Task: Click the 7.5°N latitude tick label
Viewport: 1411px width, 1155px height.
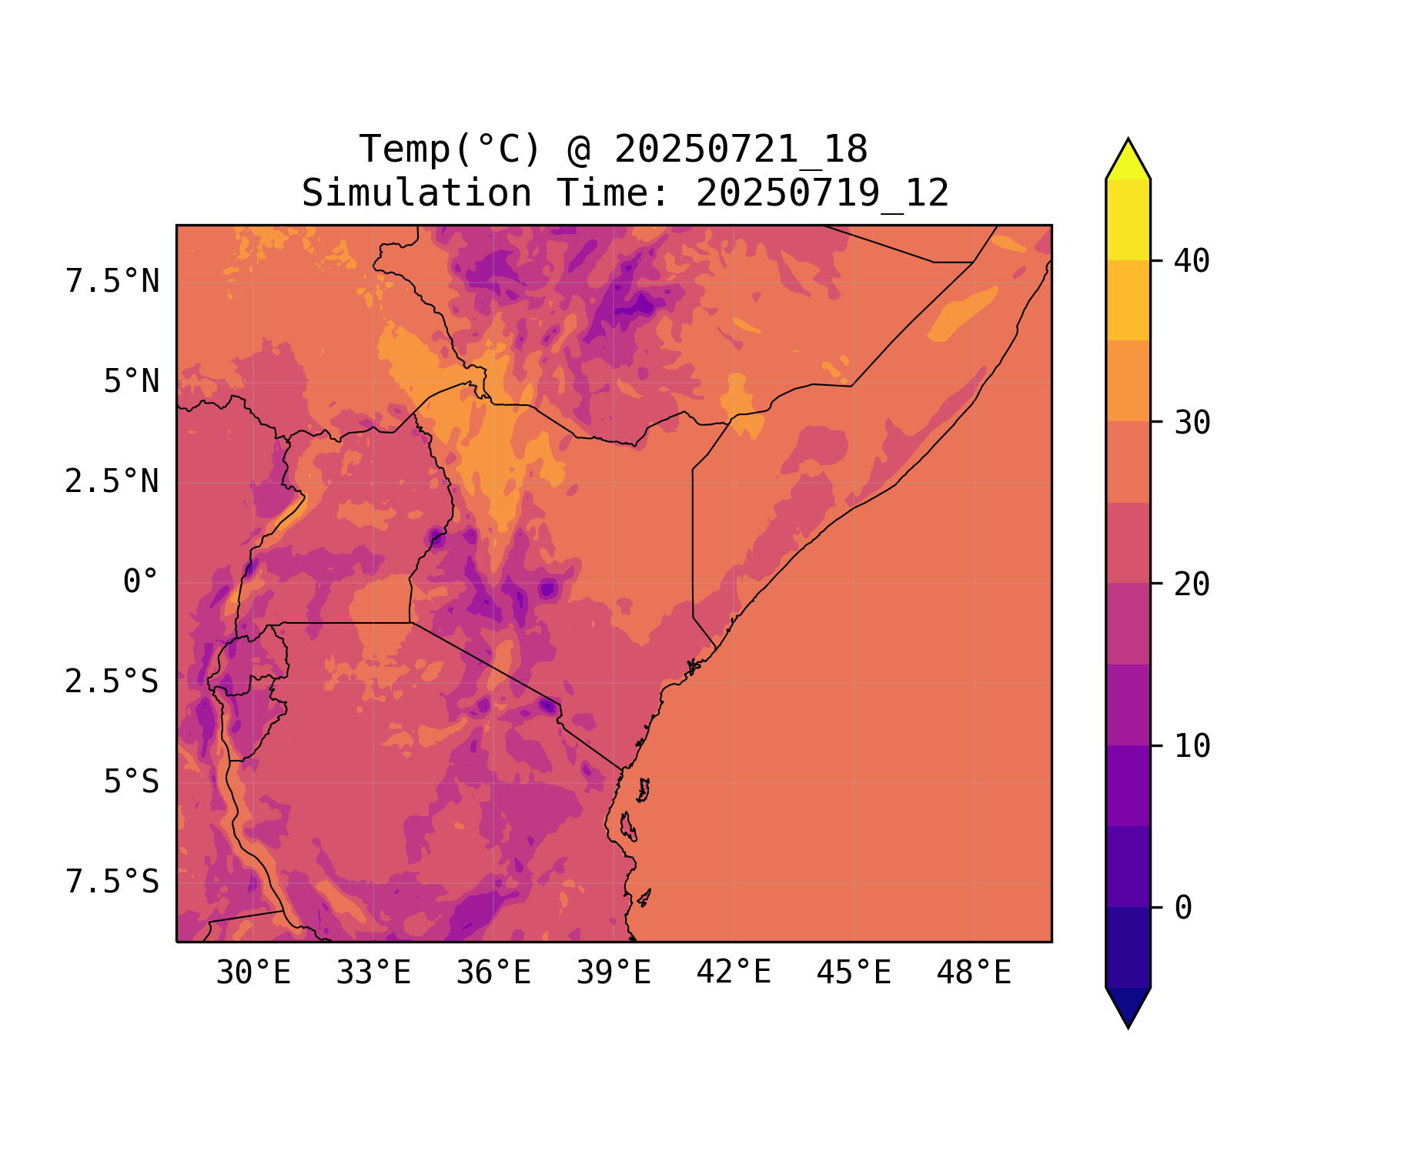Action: pyautogui.click(x=112, y=282)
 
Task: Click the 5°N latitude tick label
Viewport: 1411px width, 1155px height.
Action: pyautogui.click(x=131, y=382)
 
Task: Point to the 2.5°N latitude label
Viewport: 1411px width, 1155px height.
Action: pyautogui.click(x=112, y=482)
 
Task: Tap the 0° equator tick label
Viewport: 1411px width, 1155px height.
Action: pyautogui.click(x=140, y=582)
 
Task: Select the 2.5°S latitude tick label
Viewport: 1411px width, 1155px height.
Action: pyautogui.click(x=112, y=682)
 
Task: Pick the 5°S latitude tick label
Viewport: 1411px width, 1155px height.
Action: pyautogui.click(x=131, y=782)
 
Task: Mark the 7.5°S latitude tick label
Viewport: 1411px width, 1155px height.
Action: pyautogui.click(x=112, y=882)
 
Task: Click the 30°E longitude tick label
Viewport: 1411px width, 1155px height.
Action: pyautogui.click(x=253, y=973)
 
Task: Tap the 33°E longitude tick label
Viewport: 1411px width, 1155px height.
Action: pyautogui.click(x=373, y=973)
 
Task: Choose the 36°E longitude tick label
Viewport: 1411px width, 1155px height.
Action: pyautogui.click(x=493, y=973)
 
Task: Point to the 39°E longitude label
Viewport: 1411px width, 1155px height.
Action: pyautogui.click(x=614, y=973)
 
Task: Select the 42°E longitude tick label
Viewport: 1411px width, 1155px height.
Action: pyautogui.click(x=734, y=973)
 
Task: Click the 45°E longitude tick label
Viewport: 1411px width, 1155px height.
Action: pyautogui.click(x=854, y=973)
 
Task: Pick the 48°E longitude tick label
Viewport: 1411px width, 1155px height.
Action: pyautogui.click(x=974, y=973)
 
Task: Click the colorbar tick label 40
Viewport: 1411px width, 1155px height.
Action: pyautogui.click(x=1192, y=262)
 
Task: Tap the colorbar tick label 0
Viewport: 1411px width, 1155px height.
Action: pyautogui.click(x=1183, y=909)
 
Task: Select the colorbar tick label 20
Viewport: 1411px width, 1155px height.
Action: pyautogui.click(x=1192, y=585)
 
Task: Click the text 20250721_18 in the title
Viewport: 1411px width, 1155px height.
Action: pyautogui.click(x=741, y=149)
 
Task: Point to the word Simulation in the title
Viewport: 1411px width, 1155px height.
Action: pyautogui.click(x=416, y=193)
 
